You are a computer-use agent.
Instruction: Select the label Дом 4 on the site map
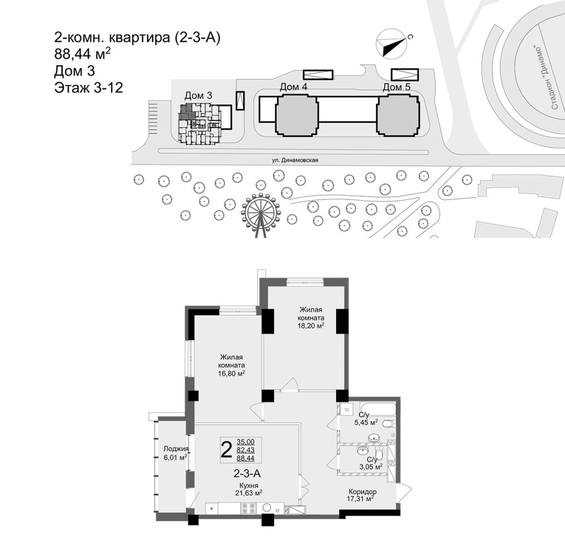293,87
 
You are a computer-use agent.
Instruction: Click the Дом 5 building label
397,87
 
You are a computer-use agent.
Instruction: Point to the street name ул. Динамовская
295,160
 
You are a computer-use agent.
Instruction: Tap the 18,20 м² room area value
311,326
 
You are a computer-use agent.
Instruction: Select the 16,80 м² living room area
231,373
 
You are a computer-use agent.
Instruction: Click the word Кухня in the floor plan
249,485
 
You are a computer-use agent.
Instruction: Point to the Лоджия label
176,449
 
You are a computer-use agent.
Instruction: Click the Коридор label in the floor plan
363,492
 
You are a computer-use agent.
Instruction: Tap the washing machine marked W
347,409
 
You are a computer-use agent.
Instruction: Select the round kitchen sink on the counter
267,507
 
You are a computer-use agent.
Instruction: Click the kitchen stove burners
249,508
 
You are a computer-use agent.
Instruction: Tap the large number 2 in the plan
226,450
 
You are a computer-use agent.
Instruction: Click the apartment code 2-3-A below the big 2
247,473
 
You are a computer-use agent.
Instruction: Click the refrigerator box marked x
212,508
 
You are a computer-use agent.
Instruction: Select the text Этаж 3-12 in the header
89,88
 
